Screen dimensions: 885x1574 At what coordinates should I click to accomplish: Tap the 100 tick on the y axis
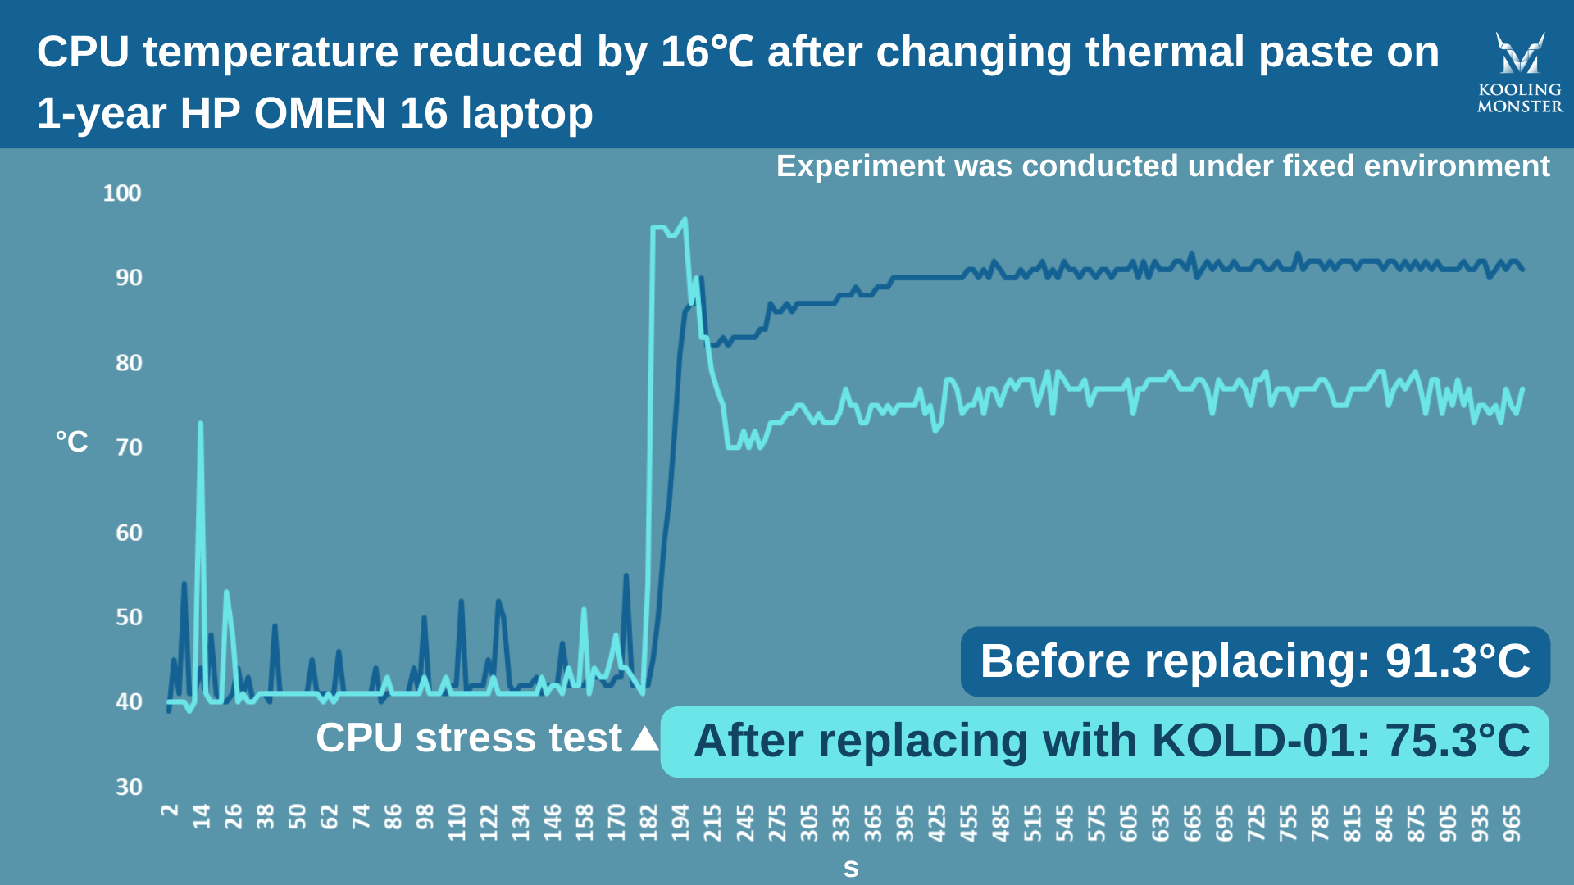pos(121,193)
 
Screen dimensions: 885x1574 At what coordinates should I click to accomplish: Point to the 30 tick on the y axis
pos(129,787)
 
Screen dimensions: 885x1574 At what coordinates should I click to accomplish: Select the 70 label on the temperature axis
pos(129,447)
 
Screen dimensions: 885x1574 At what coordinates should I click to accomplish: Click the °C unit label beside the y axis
pos(72,442)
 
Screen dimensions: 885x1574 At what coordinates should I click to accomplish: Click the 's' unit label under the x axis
pos(851,869)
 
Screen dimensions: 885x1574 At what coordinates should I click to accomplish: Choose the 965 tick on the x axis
pos(1512,822)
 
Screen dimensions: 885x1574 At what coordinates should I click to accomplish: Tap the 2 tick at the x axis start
pos(170,810)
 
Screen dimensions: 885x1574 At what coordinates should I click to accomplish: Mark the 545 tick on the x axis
pos(1064,822)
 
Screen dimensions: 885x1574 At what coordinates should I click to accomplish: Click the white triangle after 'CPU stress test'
pos(645,738)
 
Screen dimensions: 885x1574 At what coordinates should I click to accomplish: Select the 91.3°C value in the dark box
pos(1458,661)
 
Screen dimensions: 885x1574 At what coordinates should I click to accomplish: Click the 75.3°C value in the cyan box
pos(1457,741)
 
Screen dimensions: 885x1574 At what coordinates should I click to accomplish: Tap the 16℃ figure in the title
pos(707,52)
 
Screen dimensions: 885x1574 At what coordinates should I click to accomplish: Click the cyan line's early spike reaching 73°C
pos(200,424)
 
